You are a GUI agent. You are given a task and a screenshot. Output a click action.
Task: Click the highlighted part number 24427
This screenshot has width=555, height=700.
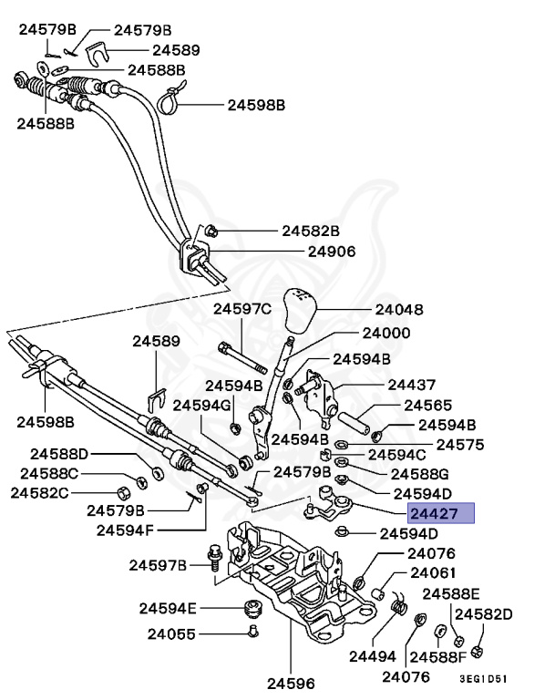point(441,514)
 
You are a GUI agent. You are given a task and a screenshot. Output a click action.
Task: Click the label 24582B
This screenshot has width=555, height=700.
point(310,231)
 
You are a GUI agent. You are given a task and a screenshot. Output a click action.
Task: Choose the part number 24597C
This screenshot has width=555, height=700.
point(242,309)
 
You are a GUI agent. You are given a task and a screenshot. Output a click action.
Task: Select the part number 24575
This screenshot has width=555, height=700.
point(460,444)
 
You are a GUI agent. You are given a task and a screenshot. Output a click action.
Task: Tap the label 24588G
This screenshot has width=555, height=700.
point(420,474)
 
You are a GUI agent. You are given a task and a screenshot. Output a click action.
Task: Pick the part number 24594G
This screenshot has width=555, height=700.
point(201,404)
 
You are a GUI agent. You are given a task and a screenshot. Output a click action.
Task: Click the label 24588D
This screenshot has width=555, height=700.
point(59,453)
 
